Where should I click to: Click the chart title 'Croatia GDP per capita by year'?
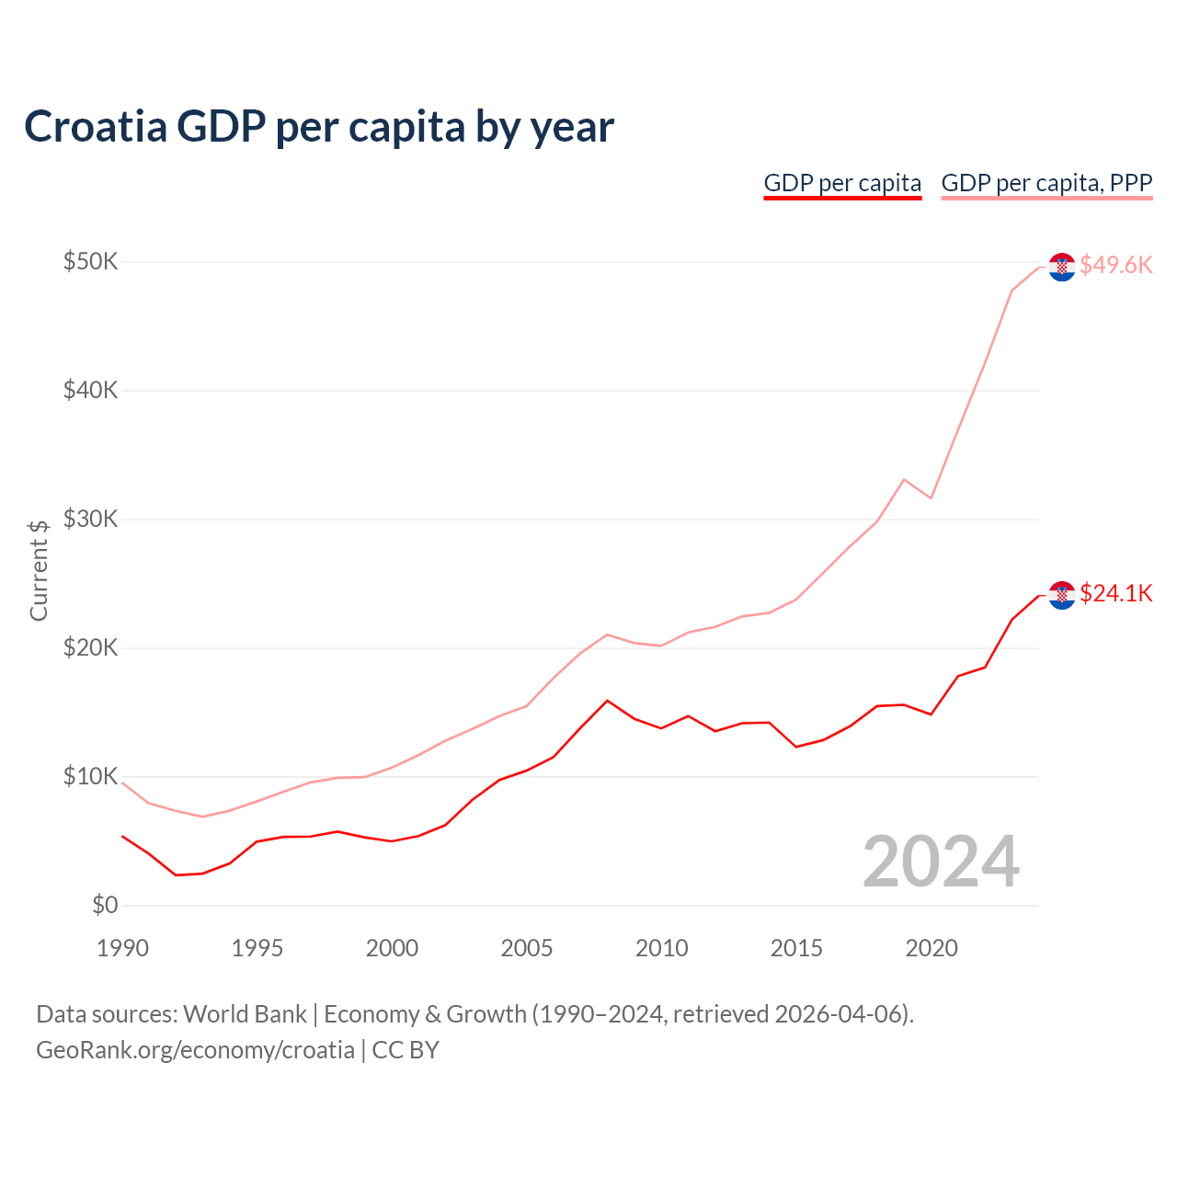coord(318,127)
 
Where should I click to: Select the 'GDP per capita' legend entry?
coord(842,183)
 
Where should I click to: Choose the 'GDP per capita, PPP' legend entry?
coord(1046,183)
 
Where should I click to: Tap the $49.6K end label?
coord(1115,265)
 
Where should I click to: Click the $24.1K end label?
coord(1115,593)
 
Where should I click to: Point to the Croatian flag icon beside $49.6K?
coord(1062,267)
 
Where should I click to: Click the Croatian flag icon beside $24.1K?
coord(1062,595)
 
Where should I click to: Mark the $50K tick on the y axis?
coord(90,262)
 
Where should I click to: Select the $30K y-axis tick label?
coord(90,520)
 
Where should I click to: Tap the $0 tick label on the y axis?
coord(105,906)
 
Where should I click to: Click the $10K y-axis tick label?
coord(90,777)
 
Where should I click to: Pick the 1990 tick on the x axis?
coord(122,948)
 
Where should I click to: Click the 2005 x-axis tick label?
coord(527,948)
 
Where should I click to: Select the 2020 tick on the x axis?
coord(931,948)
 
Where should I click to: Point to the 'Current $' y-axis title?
coord(39,570)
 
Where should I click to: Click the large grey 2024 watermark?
coord(941,863)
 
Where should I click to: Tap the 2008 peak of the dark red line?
coord(607,701)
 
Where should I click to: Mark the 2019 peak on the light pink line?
coord(904,479)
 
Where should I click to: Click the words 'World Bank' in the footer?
coord(245,1014)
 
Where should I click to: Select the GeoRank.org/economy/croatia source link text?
coord(195,1050)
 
